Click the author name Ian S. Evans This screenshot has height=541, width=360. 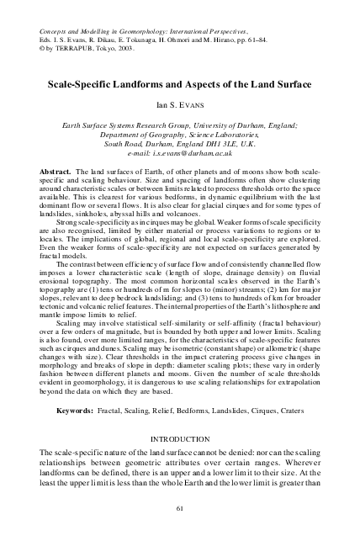(180, 107)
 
